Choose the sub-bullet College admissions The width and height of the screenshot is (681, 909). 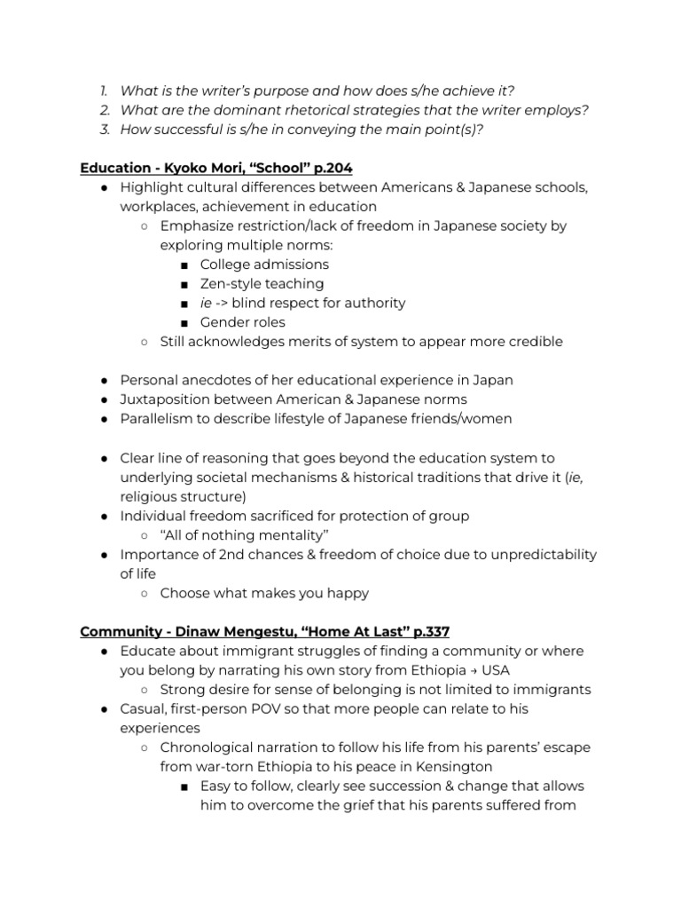(x=263, y=265)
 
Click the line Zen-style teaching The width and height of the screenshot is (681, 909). (x=262, y=284)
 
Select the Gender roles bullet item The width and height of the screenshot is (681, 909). (x=242, y=322)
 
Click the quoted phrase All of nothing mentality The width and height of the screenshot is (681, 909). (x=244, y=535)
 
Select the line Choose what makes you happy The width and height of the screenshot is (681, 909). (x=264, y=593)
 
